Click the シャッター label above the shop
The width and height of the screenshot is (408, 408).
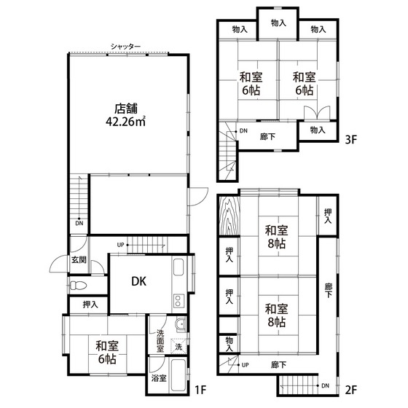[125, 47]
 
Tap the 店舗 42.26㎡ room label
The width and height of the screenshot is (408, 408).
[125, 115]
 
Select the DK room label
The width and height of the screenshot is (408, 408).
[139, 281]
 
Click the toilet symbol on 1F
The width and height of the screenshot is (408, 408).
[79, 286]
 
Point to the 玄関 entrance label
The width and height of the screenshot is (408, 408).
[79, 259]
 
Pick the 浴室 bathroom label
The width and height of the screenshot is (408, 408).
[159, 378]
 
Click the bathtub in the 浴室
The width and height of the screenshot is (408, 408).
[178, 375]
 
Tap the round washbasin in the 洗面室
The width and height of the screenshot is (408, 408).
[181, 324]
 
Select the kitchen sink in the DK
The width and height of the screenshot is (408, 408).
[178, 267]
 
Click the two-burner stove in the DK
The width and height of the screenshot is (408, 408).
[178, 301]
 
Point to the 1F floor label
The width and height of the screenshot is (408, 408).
[200, 390]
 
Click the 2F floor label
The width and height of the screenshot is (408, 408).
[350, 390]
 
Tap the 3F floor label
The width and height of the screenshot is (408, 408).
[350, 140]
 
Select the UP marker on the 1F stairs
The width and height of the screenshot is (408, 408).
[120, 245]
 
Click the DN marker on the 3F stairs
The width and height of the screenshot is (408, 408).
[243, 130]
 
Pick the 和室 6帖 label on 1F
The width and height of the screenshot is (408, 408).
[107, 353]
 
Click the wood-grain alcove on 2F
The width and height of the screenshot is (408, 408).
[229, 216]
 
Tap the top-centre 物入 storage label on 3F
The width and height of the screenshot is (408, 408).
[278, 23]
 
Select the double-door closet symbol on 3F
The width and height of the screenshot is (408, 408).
[317, 112]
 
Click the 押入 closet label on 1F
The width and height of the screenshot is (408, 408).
[90, 305]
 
